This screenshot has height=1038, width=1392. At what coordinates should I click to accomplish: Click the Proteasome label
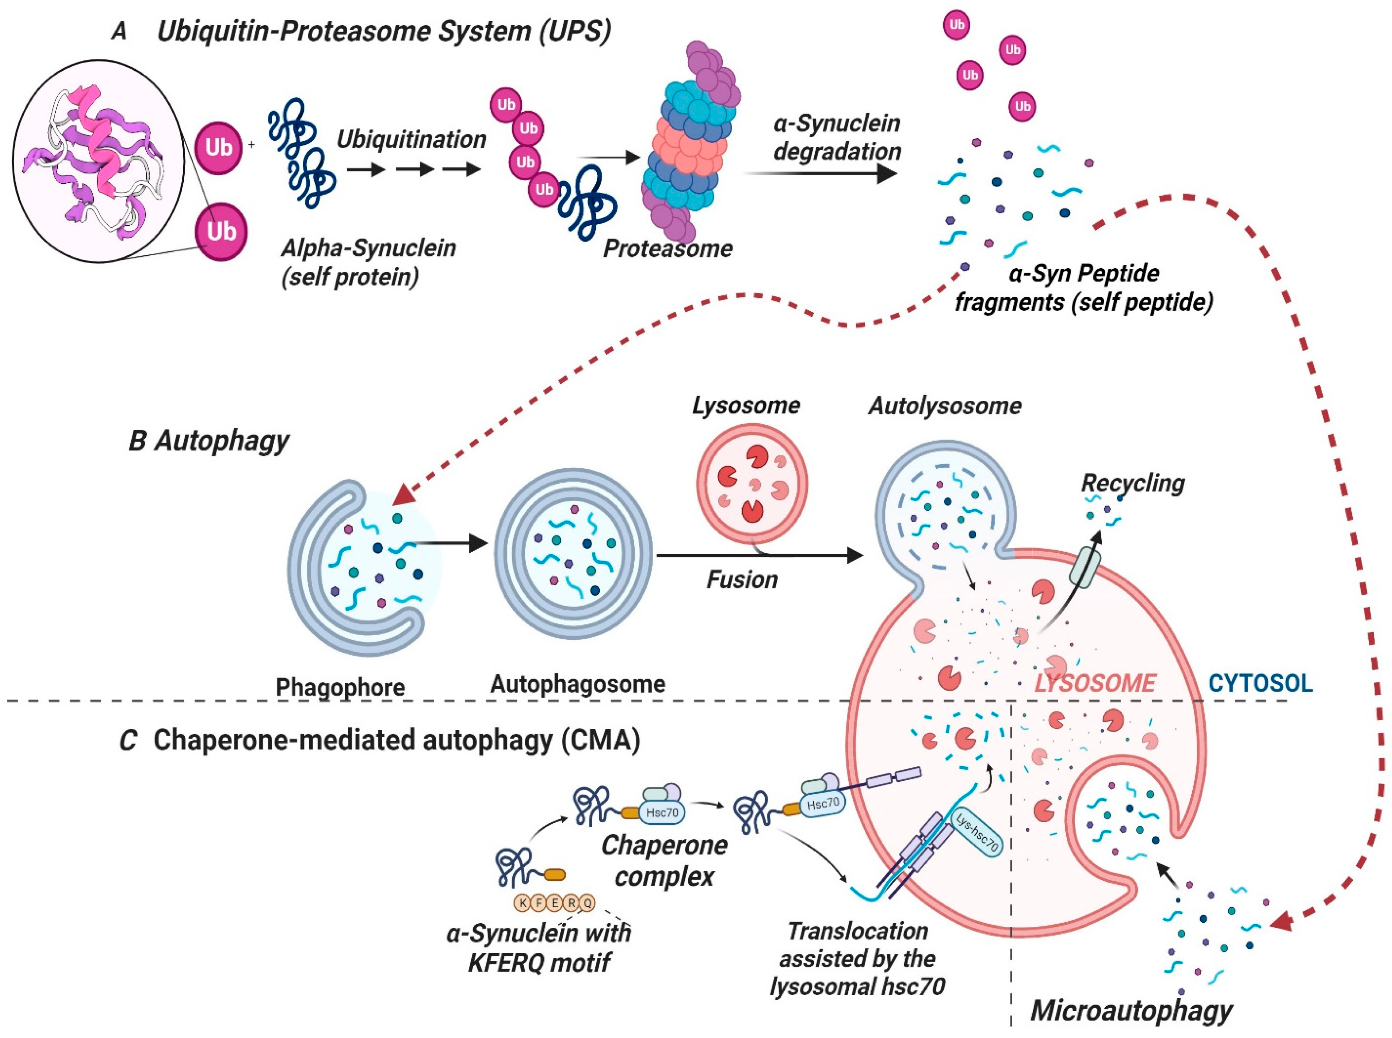(668, 249)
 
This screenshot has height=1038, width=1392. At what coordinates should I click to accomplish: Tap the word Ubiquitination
(411, 139)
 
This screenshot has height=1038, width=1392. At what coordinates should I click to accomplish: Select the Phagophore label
(340, 687)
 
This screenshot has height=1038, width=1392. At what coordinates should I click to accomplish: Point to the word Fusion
(742, 579)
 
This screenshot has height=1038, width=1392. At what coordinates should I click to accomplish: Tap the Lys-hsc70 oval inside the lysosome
(976, 833)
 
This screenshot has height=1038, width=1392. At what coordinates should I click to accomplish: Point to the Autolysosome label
(945, 406)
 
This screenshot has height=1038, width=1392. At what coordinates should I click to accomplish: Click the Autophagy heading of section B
(221, 441)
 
